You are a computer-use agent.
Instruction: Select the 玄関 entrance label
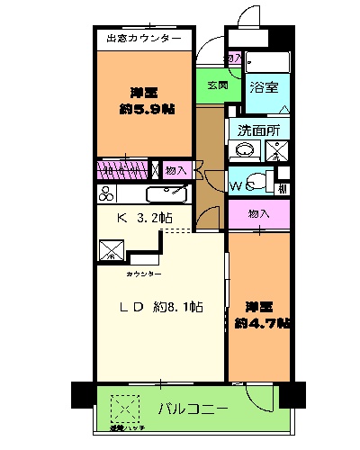[x=216, y=85]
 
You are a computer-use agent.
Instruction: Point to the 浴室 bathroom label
[x=264, y=88]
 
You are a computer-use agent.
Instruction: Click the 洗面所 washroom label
[x=258, y=129]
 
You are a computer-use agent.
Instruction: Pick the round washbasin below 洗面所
[x=243, y=150]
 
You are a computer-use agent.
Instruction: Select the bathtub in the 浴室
[x=267, y=62]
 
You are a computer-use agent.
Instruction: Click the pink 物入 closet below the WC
[x=257, y=214]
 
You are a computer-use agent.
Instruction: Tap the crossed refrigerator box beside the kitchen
[x=112, y=248]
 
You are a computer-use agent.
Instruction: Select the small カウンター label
[x=144, y=273]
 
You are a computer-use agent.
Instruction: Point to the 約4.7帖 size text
[x=262, y=323]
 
